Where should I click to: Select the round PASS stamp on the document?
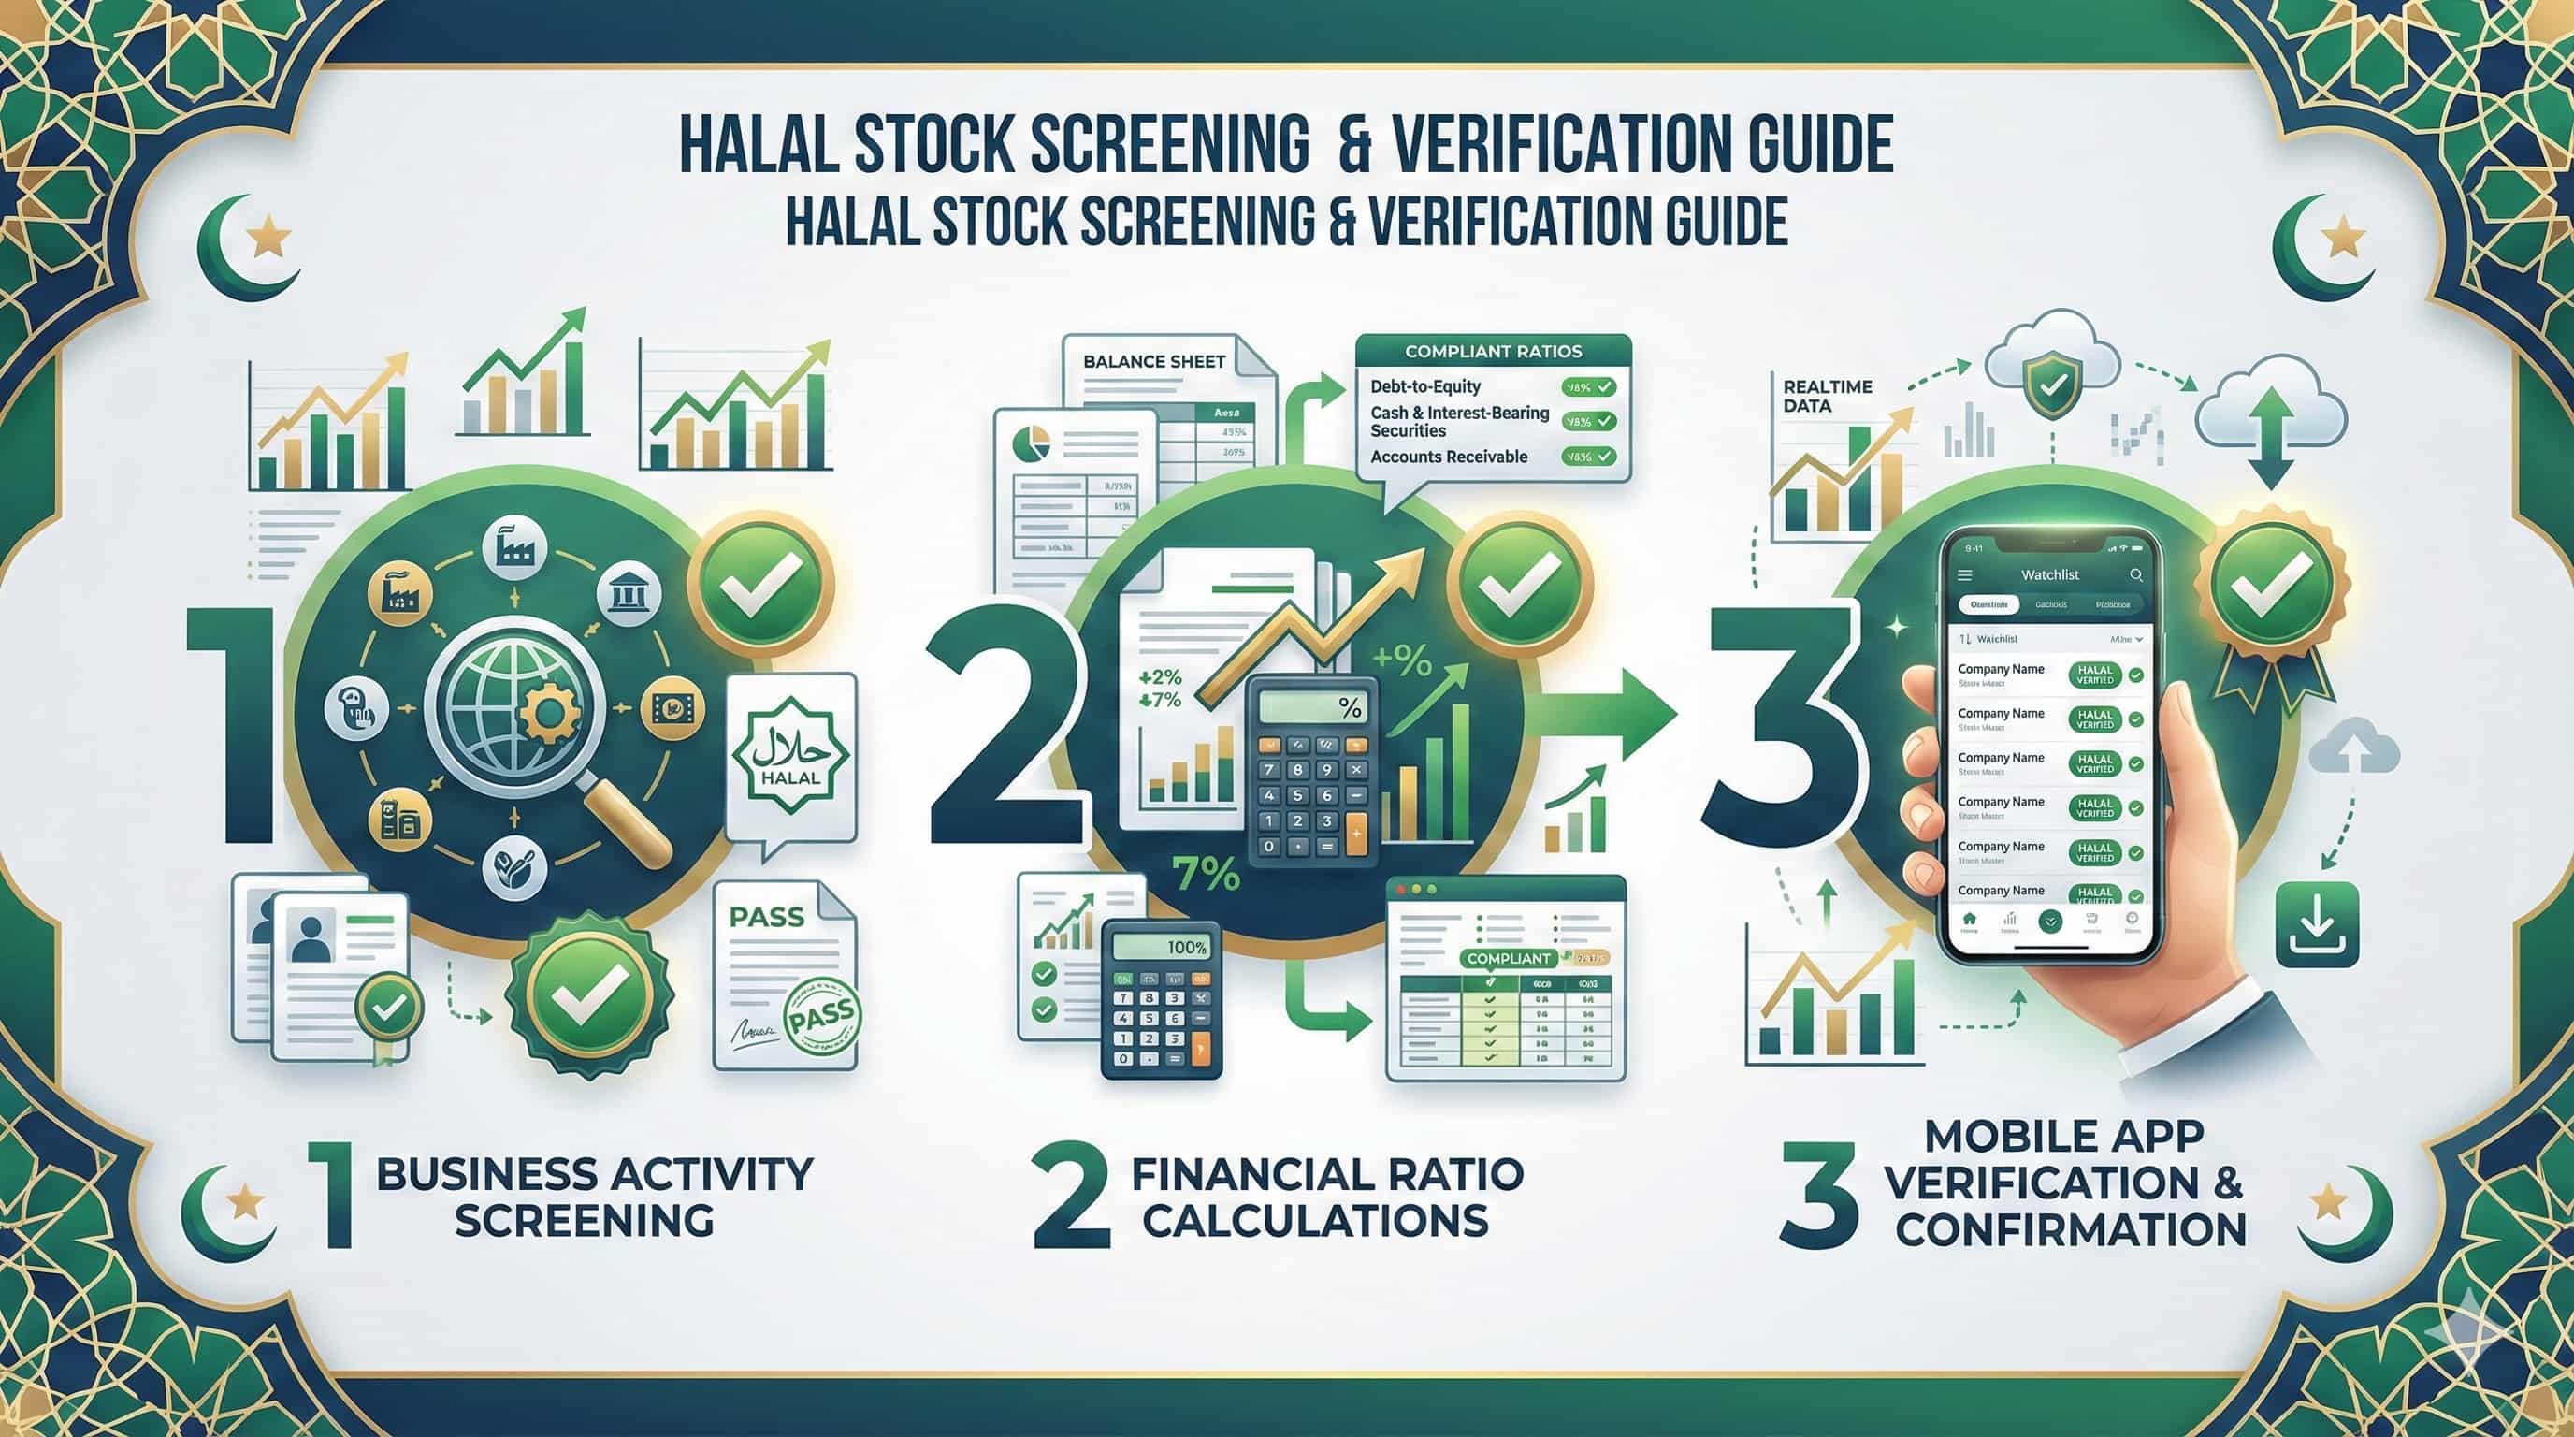pos(821,1021)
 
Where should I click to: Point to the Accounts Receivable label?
pos(1449,457)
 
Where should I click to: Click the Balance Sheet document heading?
pos(1154,362)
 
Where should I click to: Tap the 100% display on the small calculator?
pos(1186,948)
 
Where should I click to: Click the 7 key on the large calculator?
pos(1270,769)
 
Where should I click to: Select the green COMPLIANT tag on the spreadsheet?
pos(1509,958)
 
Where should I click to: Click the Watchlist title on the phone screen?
pos(2049,574)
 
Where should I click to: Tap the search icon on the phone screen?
pos(2135,574)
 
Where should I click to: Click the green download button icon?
pos(2317,923)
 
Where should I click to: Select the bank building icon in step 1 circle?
pos(628,596)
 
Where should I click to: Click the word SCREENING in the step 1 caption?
pos(585,1220)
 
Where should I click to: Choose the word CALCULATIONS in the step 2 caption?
pos(1316,1220)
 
